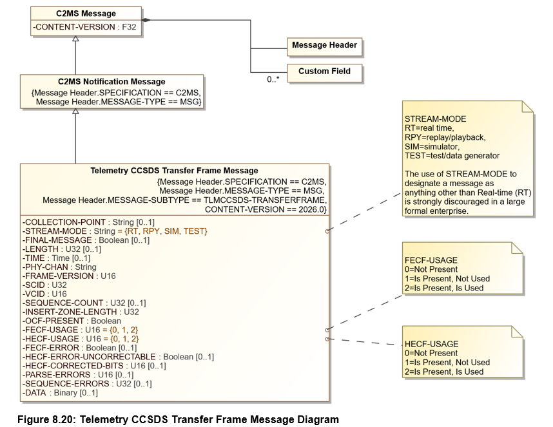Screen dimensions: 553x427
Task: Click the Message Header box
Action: (x=324, y=47)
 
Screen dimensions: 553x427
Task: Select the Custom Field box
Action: (x=324, y=73)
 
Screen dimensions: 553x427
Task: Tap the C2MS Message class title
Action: (x=86, y=14)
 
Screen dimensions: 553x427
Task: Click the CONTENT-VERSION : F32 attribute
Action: (x=84, y=27)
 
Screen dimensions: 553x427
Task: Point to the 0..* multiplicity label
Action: (x=273, y=79)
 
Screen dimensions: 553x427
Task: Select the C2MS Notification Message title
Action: (x=112, y=81)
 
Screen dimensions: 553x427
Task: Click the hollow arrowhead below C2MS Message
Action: (x=75, y=39)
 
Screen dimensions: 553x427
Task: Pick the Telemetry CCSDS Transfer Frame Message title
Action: (x=174, y=171)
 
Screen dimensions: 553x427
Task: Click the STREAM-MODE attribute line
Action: (x=115, y=231)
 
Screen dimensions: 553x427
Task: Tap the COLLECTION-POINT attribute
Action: (x=88, y=222)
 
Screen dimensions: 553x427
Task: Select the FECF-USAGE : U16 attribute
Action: (x=80, y=330)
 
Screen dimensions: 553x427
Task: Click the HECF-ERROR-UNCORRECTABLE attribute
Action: (x=118, y=357)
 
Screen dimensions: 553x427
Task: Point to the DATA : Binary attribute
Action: (x=60, y=393)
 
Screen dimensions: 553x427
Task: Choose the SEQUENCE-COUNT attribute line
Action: (x=84, y=303)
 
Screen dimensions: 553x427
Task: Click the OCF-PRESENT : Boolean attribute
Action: (x=72, y=321)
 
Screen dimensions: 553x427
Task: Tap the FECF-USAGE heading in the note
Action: (x=431, y=260)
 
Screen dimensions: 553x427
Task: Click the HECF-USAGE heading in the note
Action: (x=431, y=344)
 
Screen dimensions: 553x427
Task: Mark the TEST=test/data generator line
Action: (x=452, y=156)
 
